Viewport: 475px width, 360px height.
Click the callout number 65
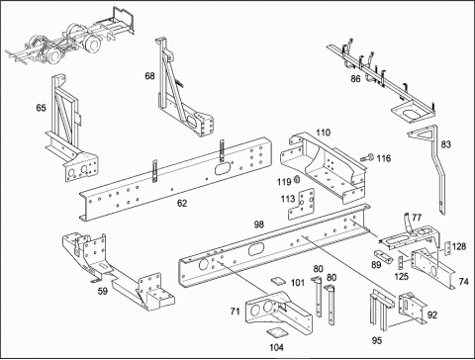41,108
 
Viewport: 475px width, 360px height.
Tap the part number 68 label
149,76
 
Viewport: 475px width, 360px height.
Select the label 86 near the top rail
355,79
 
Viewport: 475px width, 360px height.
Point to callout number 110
323,133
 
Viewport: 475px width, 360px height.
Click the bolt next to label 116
367,158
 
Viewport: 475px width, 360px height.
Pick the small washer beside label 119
296,180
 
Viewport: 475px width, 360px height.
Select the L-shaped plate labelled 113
301,205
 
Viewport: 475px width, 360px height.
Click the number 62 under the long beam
182,203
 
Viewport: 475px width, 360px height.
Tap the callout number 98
259,225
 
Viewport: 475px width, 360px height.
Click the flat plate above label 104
276,332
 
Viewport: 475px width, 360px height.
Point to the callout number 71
235,311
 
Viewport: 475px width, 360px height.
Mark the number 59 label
103,291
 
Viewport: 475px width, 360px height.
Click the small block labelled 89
383,255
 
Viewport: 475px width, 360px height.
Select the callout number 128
459,246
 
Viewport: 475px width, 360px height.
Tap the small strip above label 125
401,263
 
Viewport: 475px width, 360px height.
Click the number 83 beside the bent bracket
445,144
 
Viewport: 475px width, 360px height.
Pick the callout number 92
432,315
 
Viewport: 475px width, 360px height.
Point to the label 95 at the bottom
377,340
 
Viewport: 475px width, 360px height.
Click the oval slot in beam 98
256,249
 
